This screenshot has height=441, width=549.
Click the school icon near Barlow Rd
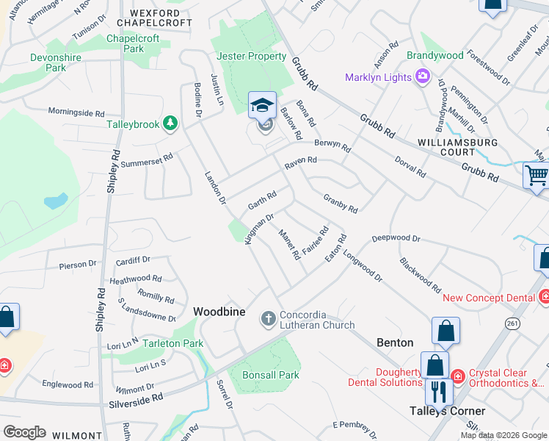(263, 105)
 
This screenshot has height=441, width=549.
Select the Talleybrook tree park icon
(170, 123)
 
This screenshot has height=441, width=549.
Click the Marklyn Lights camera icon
(422, 76)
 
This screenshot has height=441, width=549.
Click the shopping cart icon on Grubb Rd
(537, 176)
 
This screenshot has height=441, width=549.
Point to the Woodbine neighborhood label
(219, 312)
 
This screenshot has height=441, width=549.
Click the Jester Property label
(252, 56)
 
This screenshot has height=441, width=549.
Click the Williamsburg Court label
(457, 147)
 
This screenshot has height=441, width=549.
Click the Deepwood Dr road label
(396, 239)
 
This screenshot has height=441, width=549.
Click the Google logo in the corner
(24, 432)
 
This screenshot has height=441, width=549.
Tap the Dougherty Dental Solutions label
(389, 378)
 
